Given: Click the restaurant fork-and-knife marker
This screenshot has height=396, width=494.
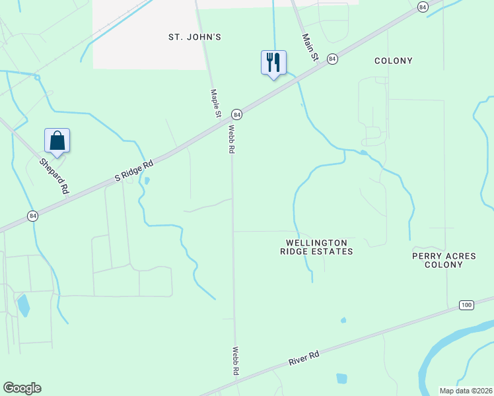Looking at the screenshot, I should click(x=273, y=63).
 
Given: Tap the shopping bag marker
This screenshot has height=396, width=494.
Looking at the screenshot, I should click(x=57, y=141).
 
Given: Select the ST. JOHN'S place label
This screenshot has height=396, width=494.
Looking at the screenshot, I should click(x=194, y=37).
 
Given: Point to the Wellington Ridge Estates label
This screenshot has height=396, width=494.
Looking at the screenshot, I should click(x=316, y=247).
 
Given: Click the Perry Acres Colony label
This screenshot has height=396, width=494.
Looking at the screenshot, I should click(x=437, y=260).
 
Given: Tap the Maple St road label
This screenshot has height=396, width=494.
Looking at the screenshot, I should click(x=215, y=104).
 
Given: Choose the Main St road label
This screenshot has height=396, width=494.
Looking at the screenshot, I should click(x=310, y=48).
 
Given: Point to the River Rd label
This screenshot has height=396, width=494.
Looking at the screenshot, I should click(x=304, y=359).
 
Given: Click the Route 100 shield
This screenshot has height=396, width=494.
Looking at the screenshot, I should click(x=466, y=304).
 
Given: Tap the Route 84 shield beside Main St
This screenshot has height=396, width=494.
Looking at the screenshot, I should click(x=332, y=59).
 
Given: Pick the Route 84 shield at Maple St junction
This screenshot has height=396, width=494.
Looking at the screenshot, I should click(x=237, y=114).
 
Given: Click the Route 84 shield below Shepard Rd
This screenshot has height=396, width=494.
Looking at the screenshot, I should click(x=32, y=216).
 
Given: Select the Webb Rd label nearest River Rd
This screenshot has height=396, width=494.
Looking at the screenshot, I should click(x=234, y=361).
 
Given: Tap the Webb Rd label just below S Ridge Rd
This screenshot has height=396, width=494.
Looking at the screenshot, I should click(x=232, y=139).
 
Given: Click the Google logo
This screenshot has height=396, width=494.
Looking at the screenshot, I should click(x=22, y=388).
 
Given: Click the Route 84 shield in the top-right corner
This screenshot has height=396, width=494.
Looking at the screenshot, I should click(x=423, y=6).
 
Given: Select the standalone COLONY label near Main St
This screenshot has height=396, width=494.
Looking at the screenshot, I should click(x=393, y=61).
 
